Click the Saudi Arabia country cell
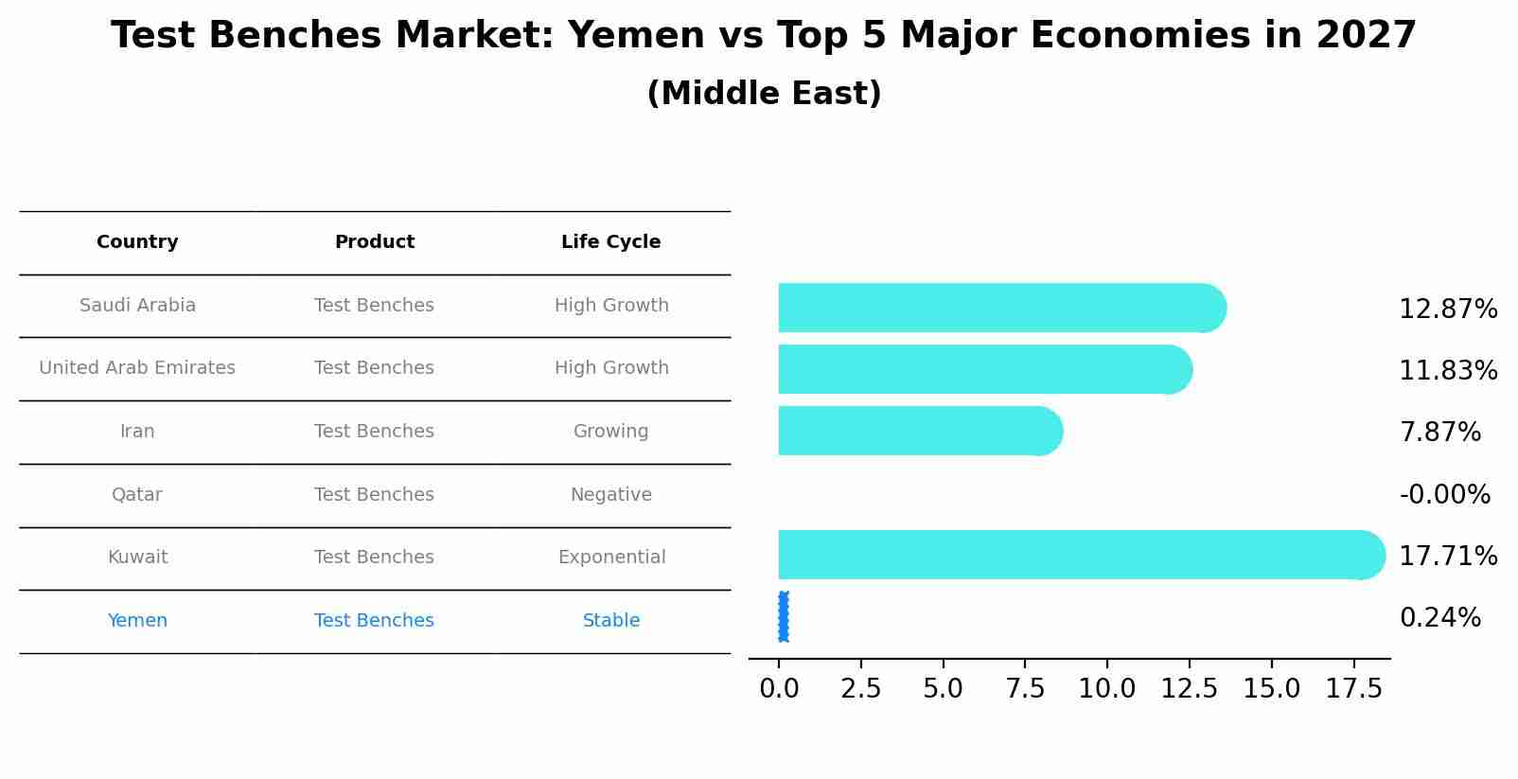tap(137, 306)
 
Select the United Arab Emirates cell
tap(137, 368)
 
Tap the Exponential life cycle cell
tap(611, 558)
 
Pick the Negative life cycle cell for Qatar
tap(611, 495)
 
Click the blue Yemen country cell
tap(137, 621)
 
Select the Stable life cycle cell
tap(611, 621)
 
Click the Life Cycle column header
tap(611, 242)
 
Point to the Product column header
tap(375, 242)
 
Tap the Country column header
tap(137, 242)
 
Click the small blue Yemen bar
tap(783, 617)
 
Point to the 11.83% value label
tap(1448, 371)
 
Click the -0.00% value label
tap(1444, 495)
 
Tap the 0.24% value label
tap(1439, 618)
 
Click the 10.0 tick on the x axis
tap(1106, 689)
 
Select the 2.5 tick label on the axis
tap(860, 689)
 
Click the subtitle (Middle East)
tap(764, 94)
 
